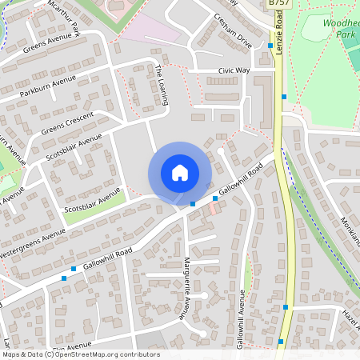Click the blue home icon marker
pos(180,173)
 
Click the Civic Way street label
pos(234,71)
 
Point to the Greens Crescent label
pos(68,122)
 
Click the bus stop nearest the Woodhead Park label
pos(270,46)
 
